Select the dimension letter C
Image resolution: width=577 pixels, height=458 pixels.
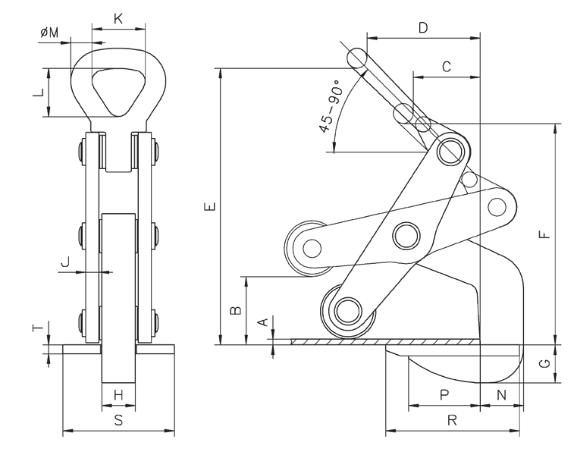tap(447, 67)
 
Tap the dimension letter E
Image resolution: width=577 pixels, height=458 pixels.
tap(212, 206)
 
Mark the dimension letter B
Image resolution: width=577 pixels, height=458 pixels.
tap(236, 310)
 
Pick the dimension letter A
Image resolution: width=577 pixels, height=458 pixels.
tap(264, 322)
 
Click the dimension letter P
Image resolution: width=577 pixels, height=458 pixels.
tap(444, 394)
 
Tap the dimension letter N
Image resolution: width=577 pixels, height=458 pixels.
tap(501, 394)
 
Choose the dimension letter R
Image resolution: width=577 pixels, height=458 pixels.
tap(452, 421)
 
